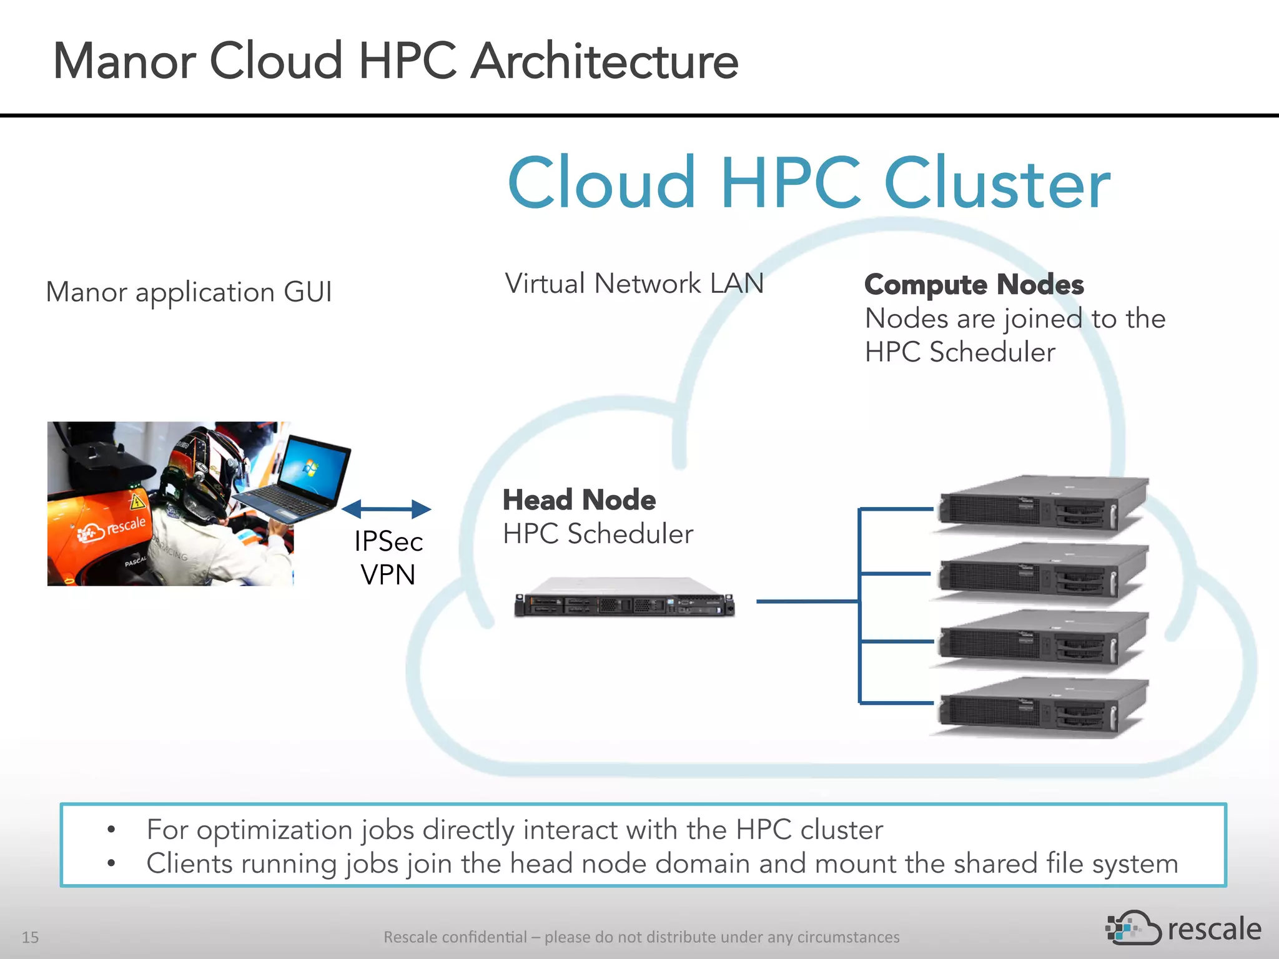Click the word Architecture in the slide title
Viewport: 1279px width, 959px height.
pyautogui.click(x=604, y=61)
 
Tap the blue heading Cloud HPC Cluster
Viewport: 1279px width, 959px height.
pyautogui.click(x=809, y=183)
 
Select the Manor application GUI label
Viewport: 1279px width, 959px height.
pyautogui.click(x=189, y=292)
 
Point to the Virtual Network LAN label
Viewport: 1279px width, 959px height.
pyautogui.click(x=634, y=283)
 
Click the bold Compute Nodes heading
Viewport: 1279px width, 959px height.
pyautogui.click(x=974, y=285)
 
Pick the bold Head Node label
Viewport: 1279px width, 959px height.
pyautogui.click(x=579, y=499)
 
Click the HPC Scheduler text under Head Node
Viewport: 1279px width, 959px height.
pyautogui.click(x=598, y=534)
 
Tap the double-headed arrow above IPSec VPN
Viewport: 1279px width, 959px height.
pyautogui.click(x=386, y=509)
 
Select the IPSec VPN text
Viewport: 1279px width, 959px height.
pyautogui.click(x=388, y=558)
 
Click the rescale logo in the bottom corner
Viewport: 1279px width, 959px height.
pyautogui.click(x=1183, y=928)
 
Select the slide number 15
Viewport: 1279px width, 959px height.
pyautogui.click(x=30, y=937)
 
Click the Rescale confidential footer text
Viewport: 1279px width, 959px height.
pyautogui.click(x=641, y=937)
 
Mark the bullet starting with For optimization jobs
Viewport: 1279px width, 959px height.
pyautogui.click(x=514, y=830)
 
